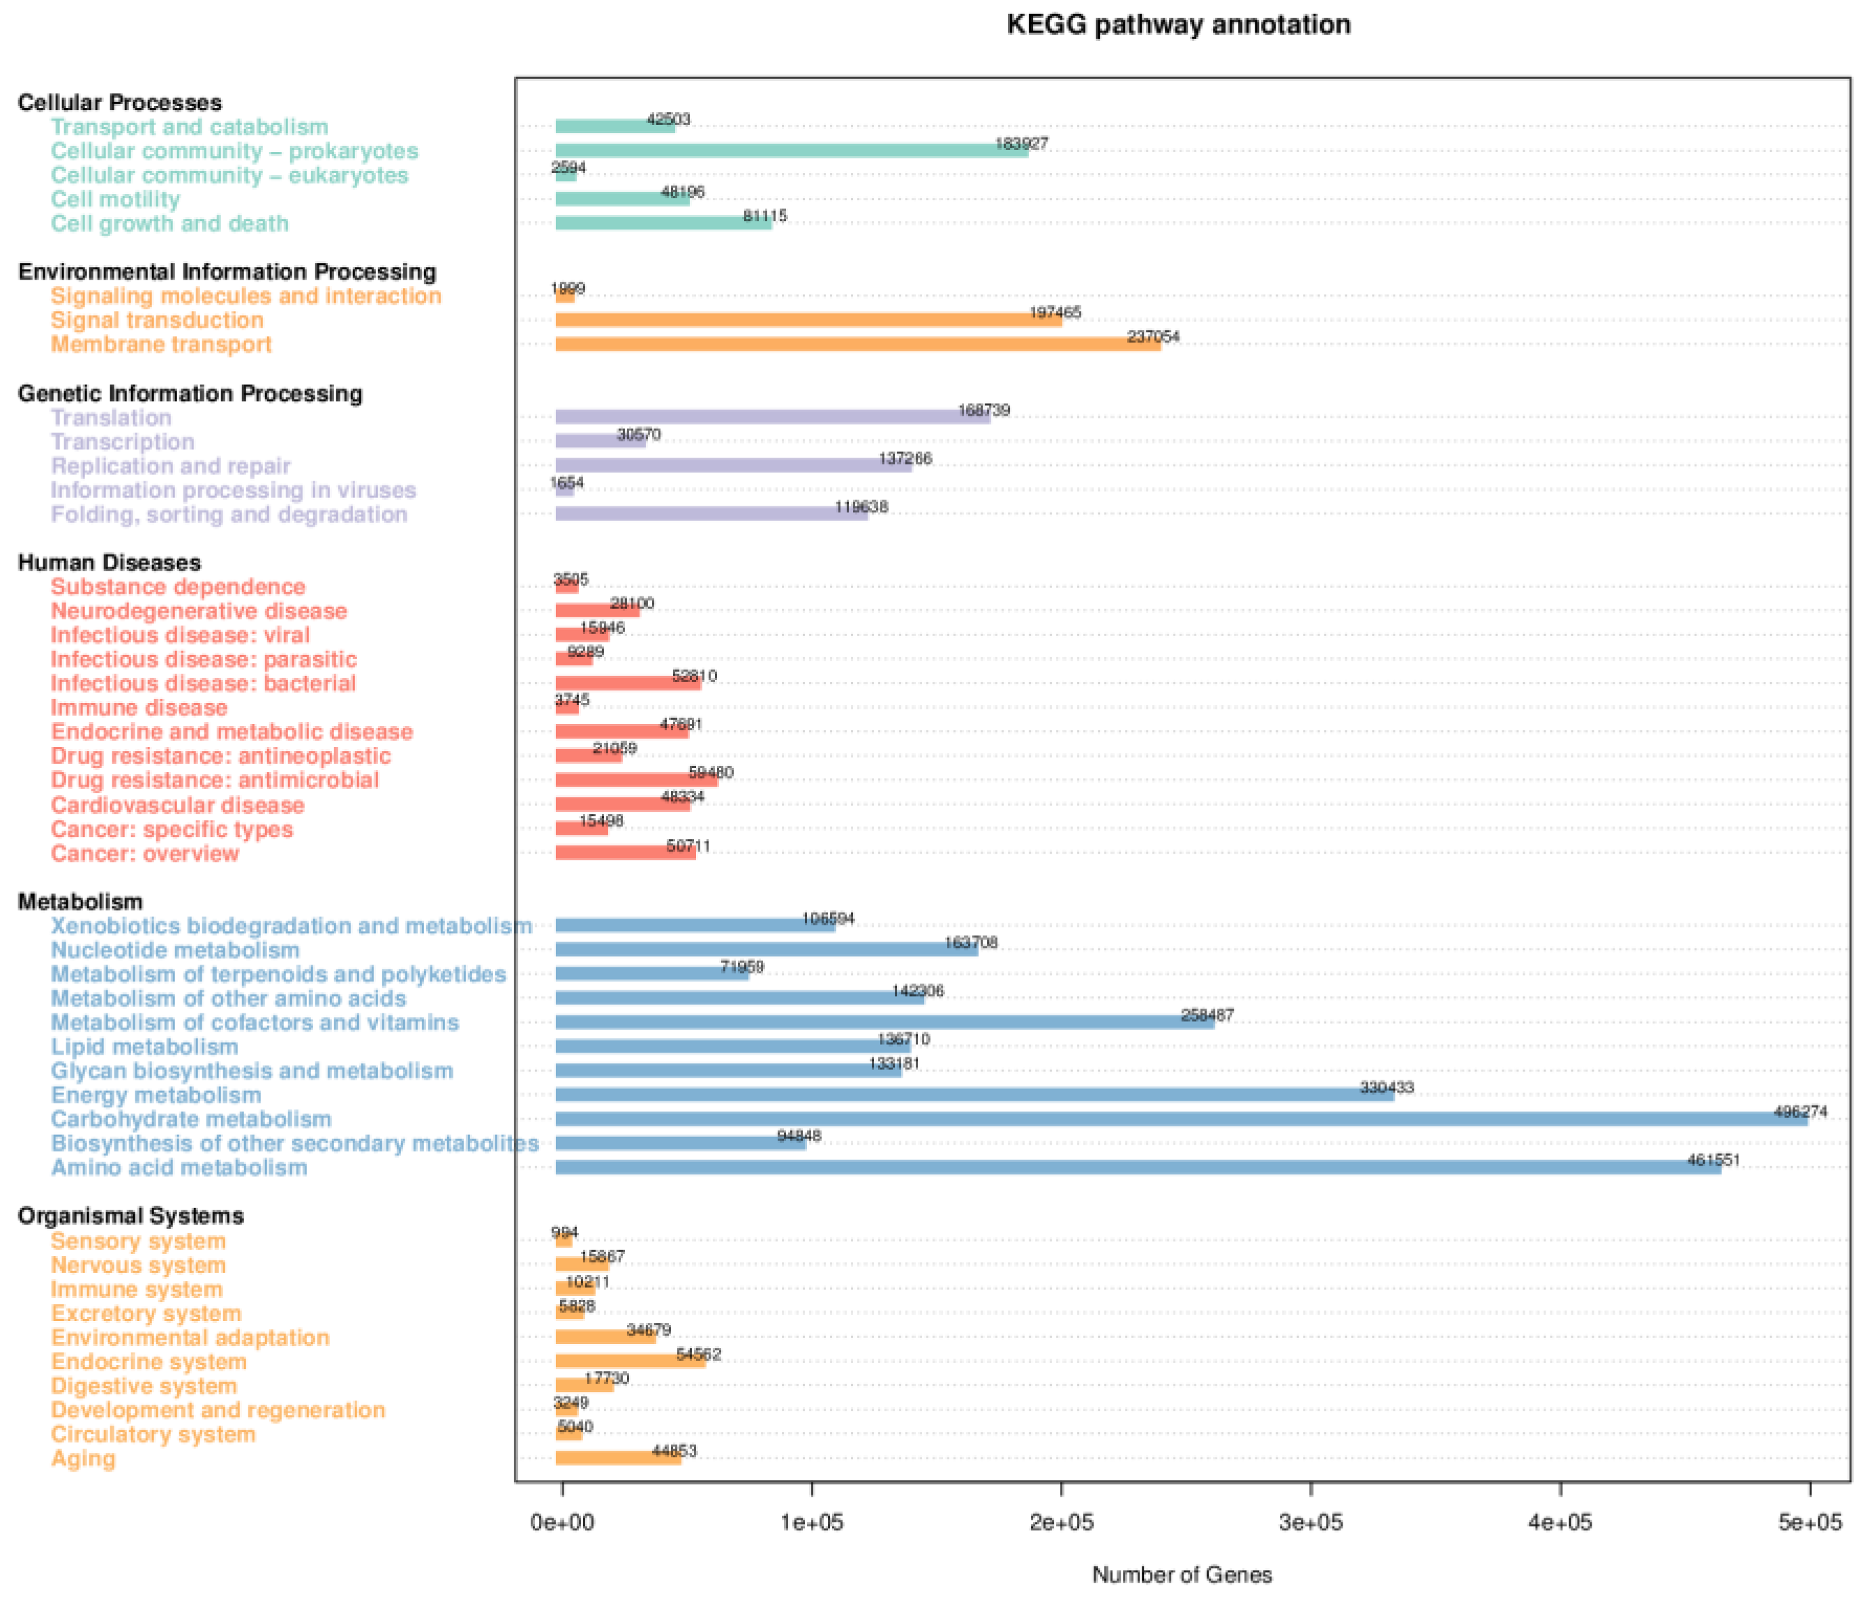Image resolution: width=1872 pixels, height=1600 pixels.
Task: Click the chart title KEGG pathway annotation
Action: [1178, 24]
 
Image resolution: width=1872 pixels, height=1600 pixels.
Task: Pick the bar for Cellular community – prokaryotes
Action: [790, 151]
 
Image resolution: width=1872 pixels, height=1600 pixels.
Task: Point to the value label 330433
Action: [1387, 1088]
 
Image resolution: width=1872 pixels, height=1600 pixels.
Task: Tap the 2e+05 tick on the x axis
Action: [1061, 1523]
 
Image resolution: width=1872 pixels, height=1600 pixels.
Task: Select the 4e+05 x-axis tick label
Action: [1560, 1523]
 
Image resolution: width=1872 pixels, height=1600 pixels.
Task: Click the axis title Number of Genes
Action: [1181, 1575]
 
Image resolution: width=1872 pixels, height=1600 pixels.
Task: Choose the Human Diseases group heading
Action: [110, 563]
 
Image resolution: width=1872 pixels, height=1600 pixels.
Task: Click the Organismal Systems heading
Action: [131, 1216]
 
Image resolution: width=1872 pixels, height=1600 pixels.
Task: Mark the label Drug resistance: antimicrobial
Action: [215, 780]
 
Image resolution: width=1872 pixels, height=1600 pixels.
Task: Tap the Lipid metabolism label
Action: [144, 1046]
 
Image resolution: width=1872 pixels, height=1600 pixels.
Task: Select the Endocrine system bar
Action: [630, 1361]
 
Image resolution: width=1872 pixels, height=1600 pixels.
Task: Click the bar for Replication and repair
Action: [733, 465]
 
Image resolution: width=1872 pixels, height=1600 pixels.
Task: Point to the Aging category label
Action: [83, 1458]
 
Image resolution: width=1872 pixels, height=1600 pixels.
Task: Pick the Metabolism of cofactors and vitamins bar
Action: [884, 1022]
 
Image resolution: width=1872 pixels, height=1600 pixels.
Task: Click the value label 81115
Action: [764, 216]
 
